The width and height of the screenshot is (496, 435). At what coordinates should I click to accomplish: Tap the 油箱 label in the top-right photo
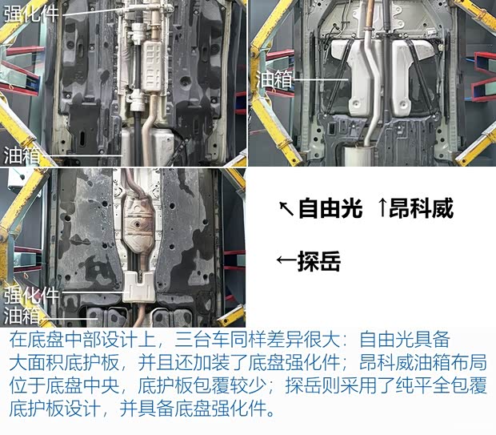click(273, 79)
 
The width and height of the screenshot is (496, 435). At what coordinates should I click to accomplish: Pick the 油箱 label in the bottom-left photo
click(22, 313)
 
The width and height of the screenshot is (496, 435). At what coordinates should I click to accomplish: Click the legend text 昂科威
click(422, 210)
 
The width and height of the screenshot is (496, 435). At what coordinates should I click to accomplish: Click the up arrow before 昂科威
click(382, 210)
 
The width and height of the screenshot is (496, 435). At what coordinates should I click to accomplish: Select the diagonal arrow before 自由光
click(286, 210)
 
